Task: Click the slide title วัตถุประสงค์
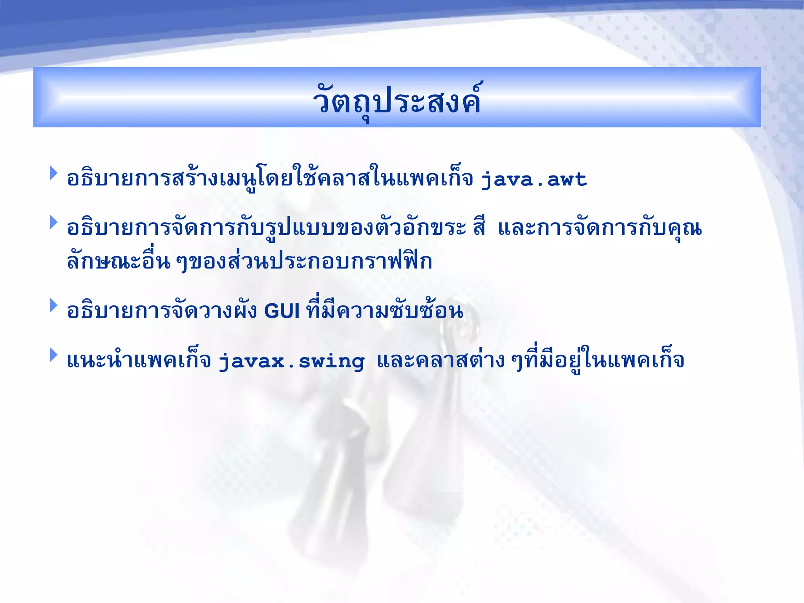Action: click(397, 100)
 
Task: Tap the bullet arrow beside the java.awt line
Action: click(54, 173)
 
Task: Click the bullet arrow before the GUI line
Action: click(54, 305)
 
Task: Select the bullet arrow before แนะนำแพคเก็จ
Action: click(54, 355)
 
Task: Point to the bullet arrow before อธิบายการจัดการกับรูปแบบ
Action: click(54, 223)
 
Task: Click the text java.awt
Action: click(534, 180)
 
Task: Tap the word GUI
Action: click(282, 311)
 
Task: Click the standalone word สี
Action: click(479, 228)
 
